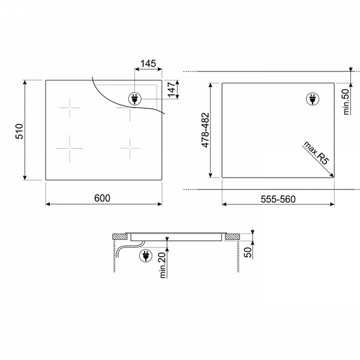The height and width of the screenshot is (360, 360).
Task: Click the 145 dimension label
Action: point(148,64)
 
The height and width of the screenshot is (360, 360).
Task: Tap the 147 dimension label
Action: point(172,89)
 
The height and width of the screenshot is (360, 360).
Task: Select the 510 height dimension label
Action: point(20,131)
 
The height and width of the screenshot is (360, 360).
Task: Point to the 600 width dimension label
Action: point(102,198)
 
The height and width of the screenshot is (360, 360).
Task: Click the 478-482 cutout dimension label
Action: point(205,130)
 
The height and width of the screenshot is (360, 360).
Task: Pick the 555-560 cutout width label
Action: point(278,199)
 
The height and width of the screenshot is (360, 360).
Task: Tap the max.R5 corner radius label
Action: point(316,153)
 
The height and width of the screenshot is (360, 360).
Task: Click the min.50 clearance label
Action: point(346,102)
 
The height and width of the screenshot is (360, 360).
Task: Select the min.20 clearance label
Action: point(163,265)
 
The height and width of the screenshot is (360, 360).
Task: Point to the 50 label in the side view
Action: point(248,253)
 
